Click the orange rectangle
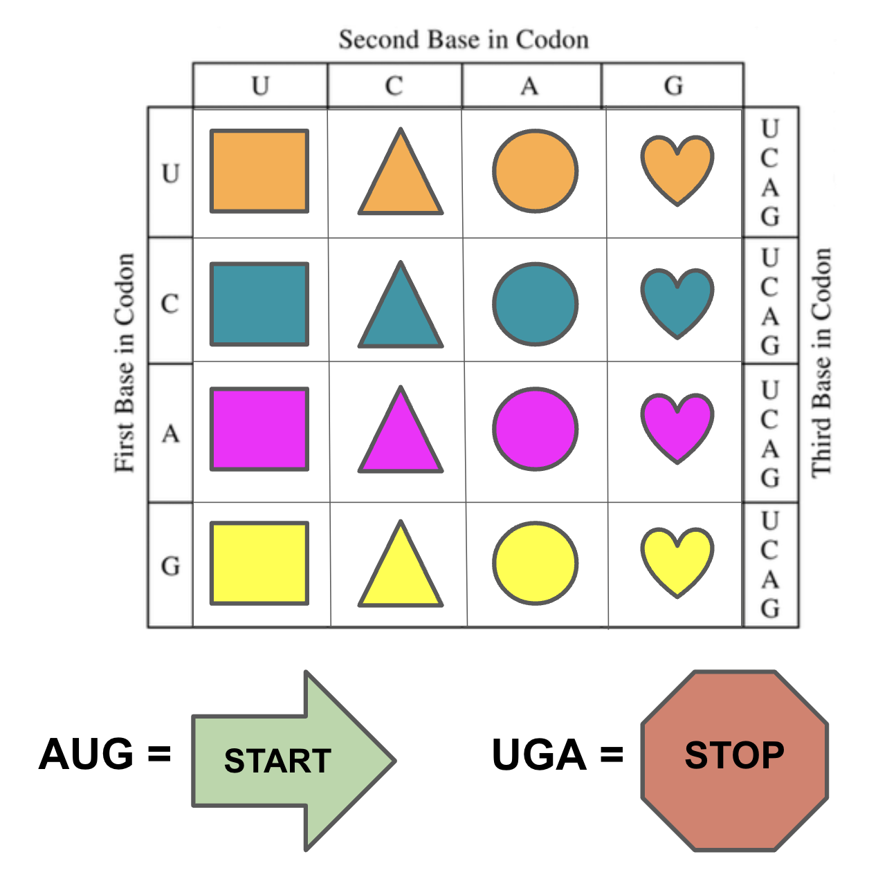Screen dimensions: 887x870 tap(259, 172)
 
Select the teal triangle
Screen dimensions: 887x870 tap(401, 313)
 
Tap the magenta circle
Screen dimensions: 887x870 tap(536, 429)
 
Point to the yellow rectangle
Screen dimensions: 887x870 tap(259, 564)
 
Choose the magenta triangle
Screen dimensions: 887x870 tap(401, 437)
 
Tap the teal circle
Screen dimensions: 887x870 tap(536, 304)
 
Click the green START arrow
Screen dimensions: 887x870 tap(293, 761)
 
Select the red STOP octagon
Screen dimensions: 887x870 tap(735, 761)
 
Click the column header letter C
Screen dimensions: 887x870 tap(394, 86)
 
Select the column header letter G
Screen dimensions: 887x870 tap(673, 86)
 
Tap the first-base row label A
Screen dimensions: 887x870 tap(170, 434)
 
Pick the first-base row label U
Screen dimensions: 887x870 tap(170, 174)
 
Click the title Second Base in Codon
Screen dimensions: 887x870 tap(464, 39)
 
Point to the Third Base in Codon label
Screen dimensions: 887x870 tap(822, 362)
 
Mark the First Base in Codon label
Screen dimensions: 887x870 tap(125, 362)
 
